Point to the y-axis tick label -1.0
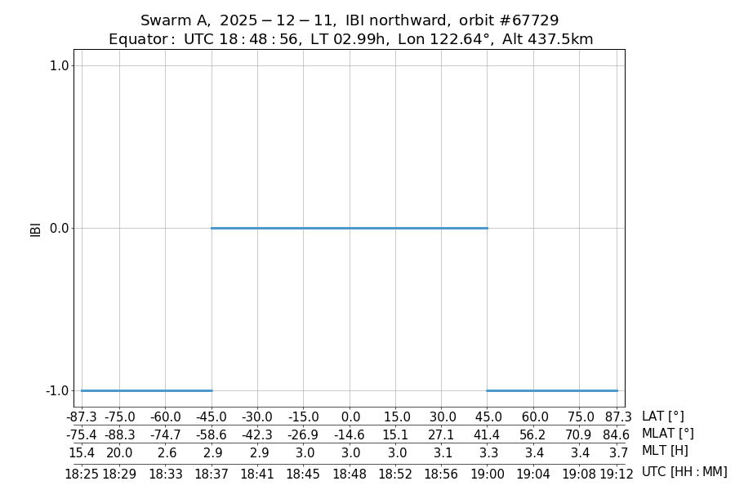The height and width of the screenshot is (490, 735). click(x=58, y=390)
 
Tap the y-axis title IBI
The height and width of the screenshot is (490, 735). click(x=35, y=228)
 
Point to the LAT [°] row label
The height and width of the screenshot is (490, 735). click(x=662, y=416)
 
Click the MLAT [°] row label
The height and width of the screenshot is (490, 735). click(x=667, y=434)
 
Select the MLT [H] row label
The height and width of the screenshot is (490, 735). click(x=665, y=451)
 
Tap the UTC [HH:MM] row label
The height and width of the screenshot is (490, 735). click(x=684, y=472)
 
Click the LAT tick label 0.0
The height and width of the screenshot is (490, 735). click(x=350, y=416)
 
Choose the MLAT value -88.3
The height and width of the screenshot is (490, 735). click(x=119, y=434)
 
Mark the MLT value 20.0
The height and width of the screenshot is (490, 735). click(x=119, y=452)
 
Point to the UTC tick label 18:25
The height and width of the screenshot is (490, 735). click(x=82, y=473)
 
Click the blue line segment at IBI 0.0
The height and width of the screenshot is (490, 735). click(x=350, y=228)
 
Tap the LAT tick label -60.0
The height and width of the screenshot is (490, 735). click(x=165, y=416)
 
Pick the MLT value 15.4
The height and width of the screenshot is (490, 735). click(x=82, y=452)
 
